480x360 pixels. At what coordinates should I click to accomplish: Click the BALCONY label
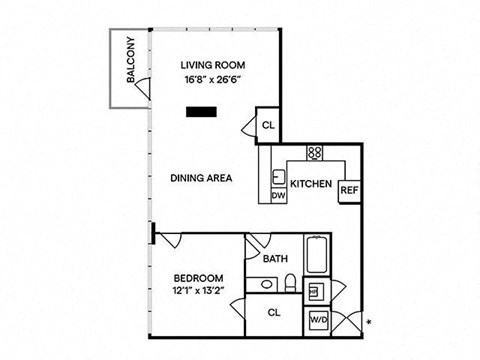[131, 60]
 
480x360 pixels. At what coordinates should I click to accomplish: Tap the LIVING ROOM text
[213, 65]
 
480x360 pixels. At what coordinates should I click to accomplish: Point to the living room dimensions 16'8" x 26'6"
[213, 80]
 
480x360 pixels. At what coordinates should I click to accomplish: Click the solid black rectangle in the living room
[201, 112]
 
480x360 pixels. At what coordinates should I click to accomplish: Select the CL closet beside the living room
[268, 125]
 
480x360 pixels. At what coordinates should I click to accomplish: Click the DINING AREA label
[201, 178]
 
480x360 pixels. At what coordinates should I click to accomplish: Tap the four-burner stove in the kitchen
[315, 153]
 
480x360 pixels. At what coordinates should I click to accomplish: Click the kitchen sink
[279, 177]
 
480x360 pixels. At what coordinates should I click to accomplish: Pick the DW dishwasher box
[279, 195]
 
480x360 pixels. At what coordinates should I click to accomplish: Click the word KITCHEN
[311, 184]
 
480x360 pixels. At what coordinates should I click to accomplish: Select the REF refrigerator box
[349, 191]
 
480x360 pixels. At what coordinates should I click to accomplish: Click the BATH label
[275, 259]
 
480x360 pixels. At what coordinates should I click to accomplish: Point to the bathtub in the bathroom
[317, 255]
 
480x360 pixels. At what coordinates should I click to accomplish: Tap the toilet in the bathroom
[290, 283]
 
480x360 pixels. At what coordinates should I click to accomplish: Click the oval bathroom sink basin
[266, 284]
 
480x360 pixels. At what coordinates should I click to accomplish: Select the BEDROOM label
[199, 278]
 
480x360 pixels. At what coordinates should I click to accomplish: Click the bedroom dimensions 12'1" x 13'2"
[198, 291]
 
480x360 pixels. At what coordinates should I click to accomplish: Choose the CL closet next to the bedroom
[274, 314]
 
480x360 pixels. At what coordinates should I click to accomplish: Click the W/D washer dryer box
[319, 320]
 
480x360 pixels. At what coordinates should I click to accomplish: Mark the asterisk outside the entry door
[369, 322]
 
